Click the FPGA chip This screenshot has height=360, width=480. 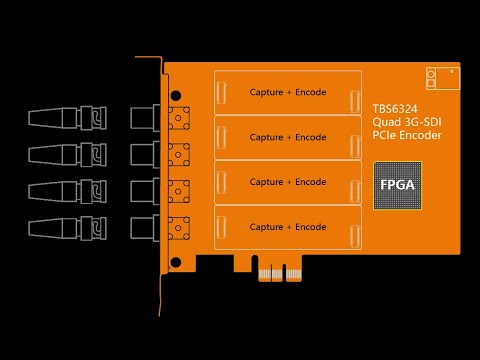pos(397,185)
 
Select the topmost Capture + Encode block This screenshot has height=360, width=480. pos(288,92)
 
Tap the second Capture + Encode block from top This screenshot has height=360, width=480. pos(288,137)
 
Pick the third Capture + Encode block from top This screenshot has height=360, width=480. pos(288,182)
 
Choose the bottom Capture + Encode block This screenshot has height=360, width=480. pos(288,227)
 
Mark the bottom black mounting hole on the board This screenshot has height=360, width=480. pos(176,262)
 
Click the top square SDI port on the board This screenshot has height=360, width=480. pos(181,118)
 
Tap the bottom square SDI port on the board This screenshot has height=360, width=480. pos(181,226)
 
